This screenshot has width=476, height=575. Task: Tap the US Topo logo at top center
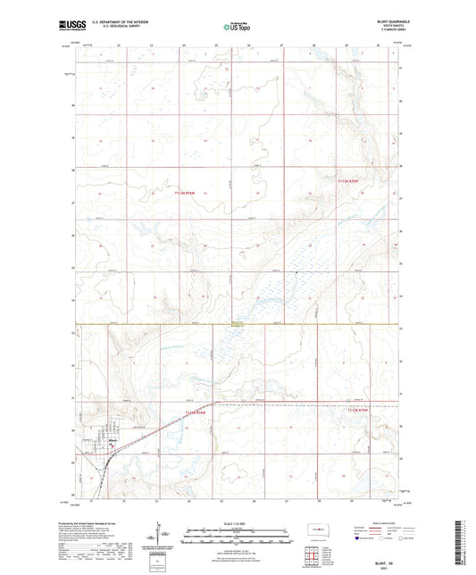coord(237,28)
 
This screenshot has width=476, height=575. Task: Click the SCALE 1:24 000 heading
coord(238,523)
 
